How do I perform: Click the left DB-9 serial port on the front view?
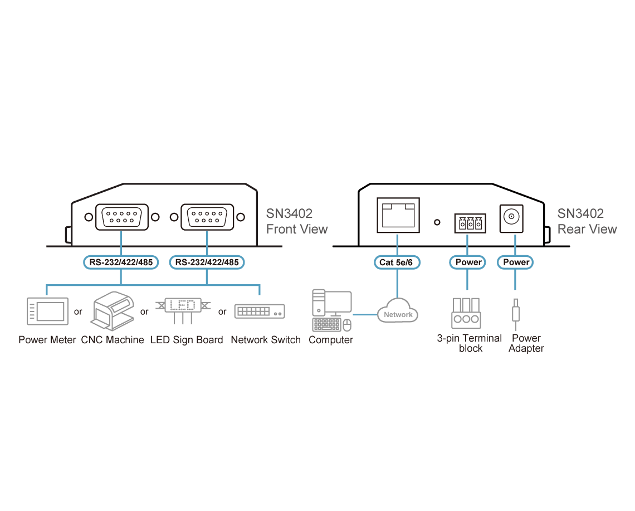[121, 217]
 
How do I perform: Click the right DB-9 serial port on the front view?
[207, 217]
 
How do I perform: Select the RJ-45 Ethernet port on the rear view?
[398, 215]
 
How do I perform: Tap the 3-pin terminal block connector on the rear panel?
[470, 223]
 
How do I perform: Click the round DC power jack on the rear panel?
[511, 216]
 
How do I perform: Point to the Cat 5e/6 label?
[397, 262]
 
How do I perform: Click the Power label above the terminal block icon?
[468, 262]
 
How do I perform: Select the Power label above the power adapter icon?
[515, 262]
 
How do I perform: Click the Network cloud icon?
[398, 311]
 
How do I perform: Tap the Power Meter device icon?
[47, 311]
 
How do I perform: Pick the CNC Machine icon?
[113, 310]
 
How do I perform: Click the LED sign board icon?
[183, 310]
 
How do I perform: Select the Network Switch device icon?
[260, 311]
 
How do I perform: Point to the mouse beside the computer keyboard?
[347, 325]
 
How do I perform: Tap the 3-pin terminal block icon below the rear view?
[466, 313]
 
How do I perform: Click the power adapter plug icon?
[516, 314]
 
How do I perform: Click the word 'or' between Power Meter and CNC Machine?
[78, 312]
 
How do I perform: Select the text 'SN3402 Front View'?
[296, 221]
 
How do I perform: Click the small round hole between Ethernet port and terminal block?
[437, 222]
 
